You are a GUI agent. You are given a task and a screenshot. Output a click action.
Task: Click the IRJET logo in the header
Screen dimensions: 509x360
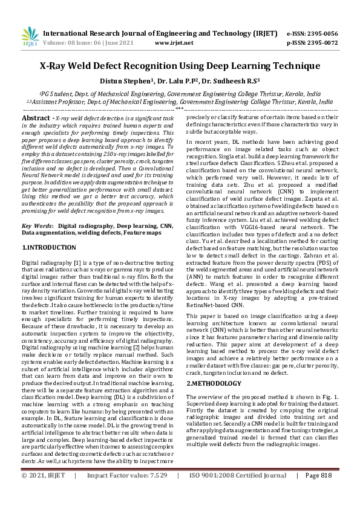(28, 38)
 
